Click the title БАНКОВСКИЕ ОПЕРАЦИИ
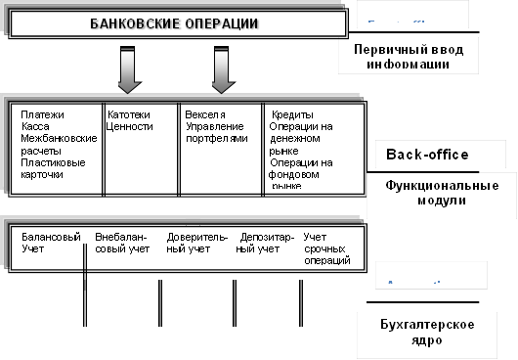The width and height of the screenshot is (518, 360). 176,22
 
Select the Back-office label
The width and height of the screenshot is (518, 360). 427,155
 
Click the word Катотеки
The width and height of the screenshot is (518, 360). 128,114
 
